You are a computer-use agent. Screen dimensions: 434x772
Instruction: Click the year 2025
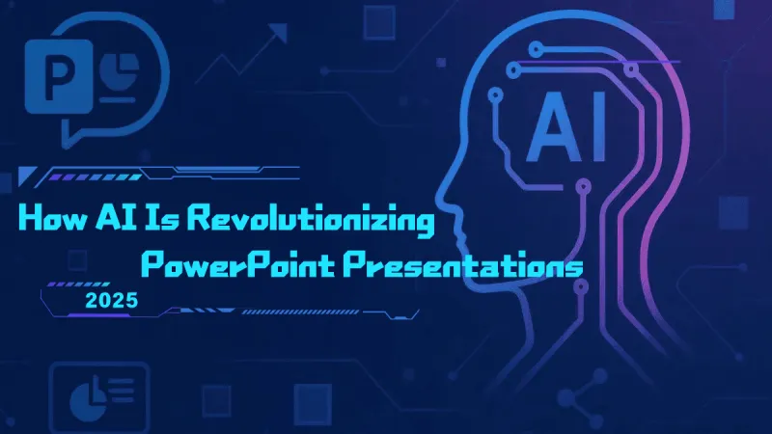click(x=111, y=300)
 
